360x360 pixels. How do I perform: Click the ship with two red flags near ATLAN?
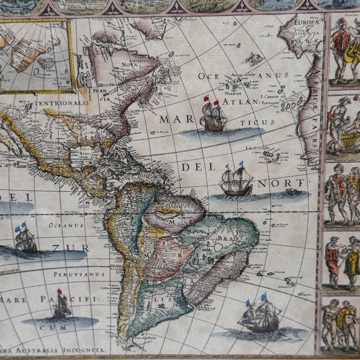pos(213,116)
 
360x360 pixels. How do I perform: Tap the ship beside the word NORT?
pos(236,181)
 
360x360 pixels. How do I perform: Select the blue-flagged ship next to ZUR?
pos(26,239)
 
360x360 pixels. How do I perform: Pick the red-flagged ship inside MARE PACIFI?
pos(61,305)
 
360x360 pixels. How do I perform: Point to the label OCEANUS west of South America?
pos(62,226)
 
